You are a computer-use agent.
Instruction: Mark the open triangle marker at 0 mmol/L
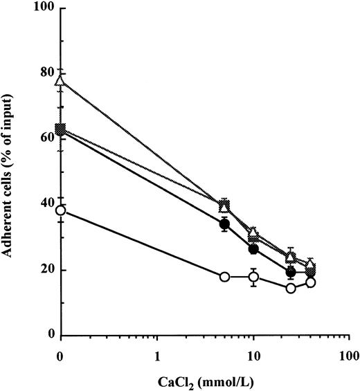click(x=61, y=80)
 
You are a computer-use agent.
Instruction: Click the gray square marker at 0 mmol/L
click(x=61, y=129)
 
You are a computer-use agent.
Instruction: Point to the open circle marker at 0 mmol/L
click(x=61, y=210)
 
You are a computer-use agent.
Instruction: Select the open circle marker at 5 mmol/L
click(x=224, y=277)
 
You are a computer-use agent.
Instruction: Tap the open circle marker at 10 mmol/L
click(x=253, y=277)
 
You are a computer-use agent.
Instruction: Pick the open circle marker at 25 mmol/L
click(x=291, y=288)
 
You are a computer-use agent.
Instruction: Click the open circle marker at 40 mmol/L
click(x=311, y=282)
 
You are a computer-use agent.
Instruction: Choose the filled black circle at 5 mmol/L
click(x=224, y=224)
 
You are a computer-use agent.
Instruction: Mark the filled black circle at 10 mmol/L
click(x=253, y=249)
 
